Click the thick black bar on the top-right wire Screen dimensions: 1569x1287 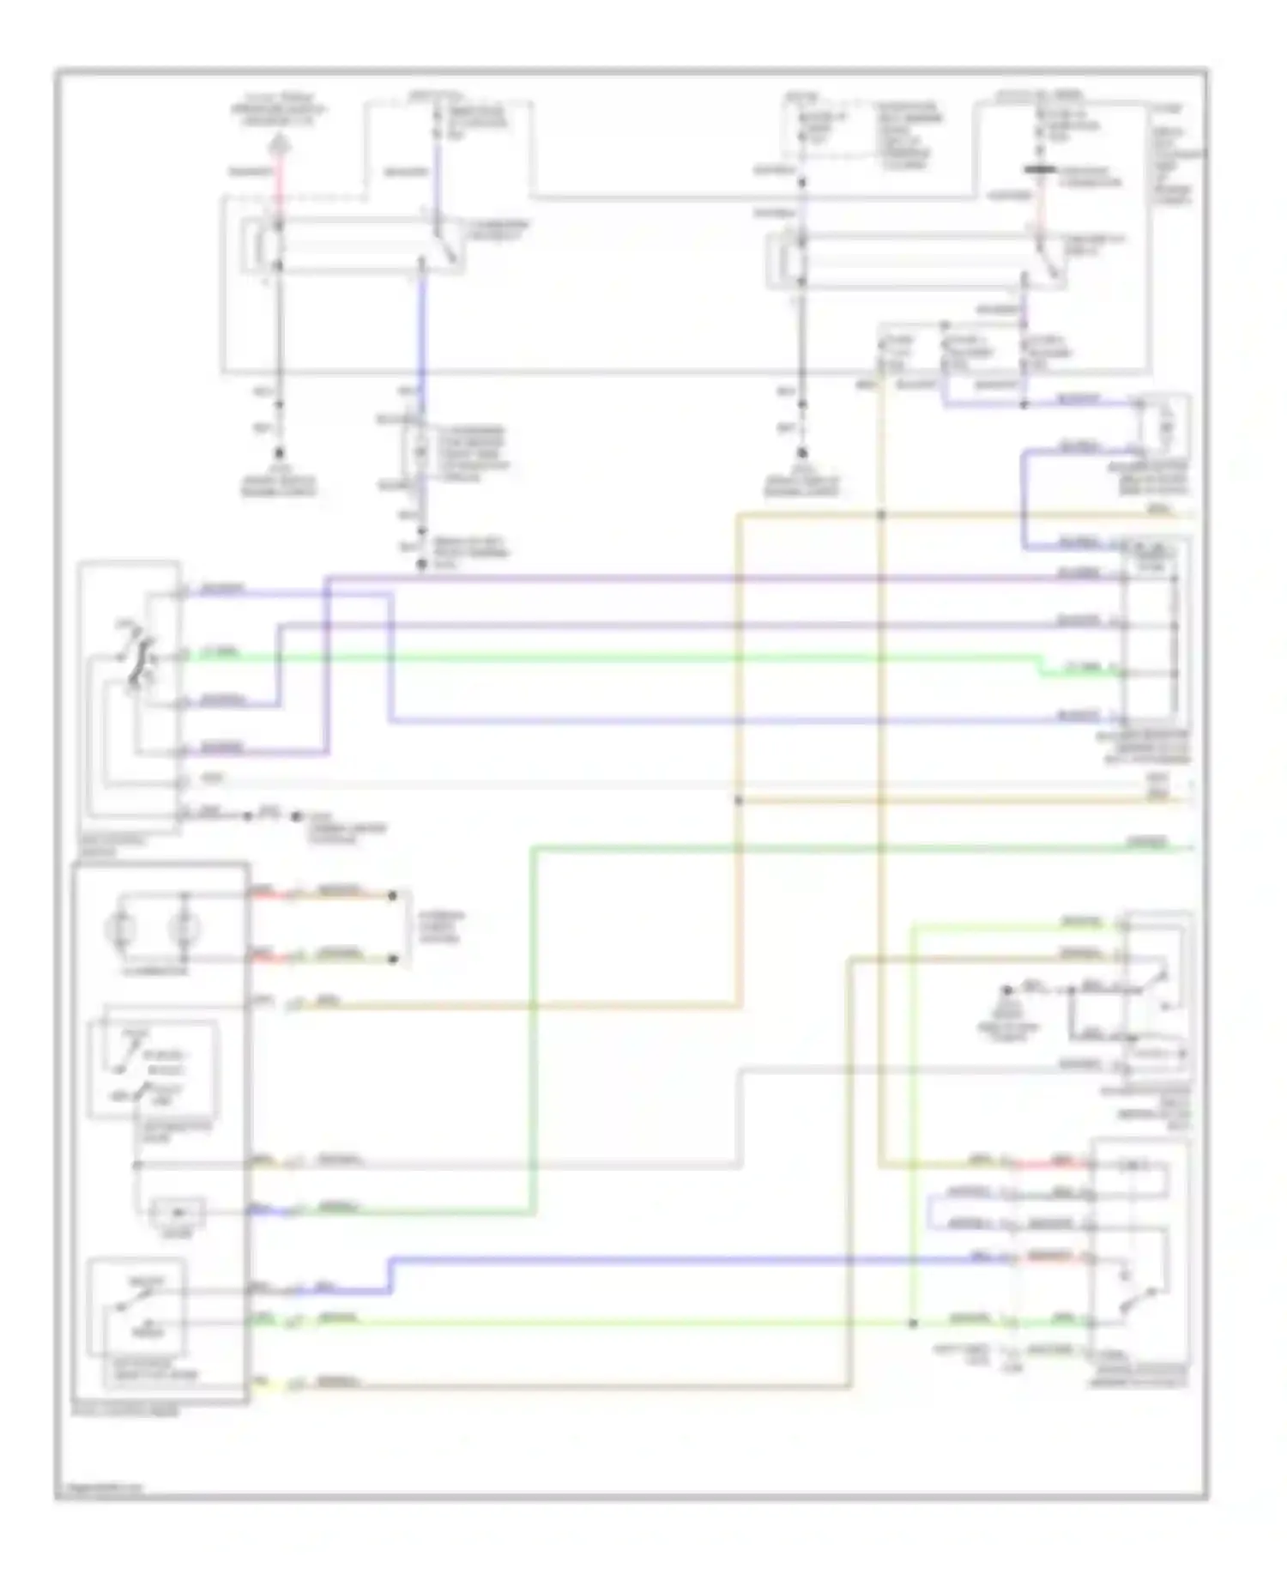click(1040, 171)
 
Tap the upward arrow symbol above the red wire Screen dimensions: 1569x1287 click(279, 145)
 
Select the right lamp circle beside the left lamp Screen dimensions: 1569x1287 click(183, 928)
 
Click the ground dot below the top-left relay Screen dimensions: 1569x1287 click(279, 453)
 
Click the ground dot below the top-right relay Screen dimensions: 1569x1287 click(801, 453)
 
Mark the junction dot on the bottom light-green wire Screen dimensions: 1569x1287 click(913, 1323)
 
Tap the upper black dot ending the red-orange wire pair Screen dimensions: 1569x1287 click(392, 895)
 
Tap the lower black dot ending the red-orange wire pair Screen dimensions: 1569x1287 click(392, 958)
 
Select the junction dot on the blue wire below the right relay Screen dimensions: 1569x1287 click(1024, 403)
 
